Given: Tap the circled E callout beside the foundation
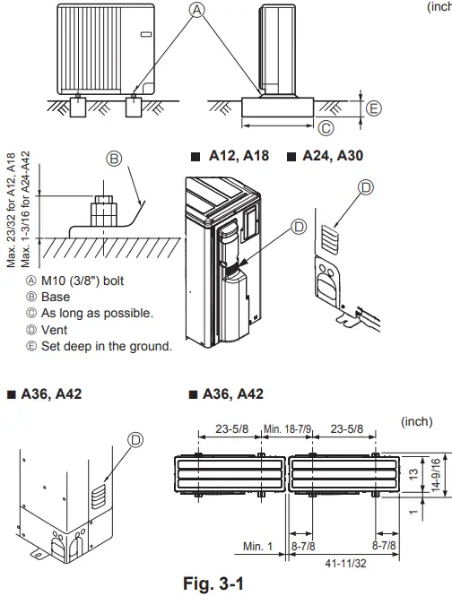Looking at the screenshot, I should tap(373, 108).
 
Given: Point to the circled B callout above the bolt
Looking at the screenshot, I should tap(114, 160).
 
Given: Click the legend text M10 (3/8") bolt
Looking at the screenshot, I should tap(85, 281).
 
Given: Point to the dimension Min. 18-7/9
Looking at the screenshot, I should tap(287, 428).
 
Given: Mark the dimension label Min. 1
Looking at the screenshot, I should tap(258, 545).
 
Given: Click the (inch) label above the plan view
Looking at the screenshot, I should tap(417, 420).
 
